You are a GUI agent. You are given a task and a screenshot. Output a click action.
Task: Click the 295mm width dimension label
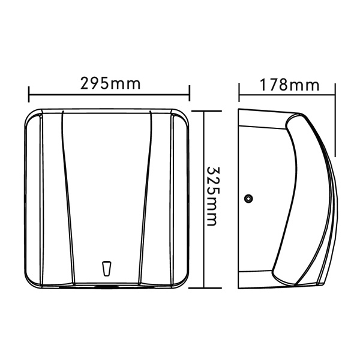pyautogui.click(x=110, y=83)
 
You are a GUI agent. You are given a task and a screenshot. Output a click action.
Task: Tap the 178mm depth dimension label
pyautogui.click(x=289, y=85)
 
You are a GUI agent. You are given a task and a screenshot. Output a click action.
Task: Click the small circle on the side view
pyautogui.click(x=248, y=198)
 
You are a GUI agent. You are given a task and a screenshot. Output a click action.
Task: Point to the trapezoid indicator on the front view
pyautogui.click(x=107, y=268)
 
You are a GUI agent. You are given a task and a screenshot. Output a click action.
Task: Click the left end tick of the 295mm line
pyautogui.click(x=29, y=94)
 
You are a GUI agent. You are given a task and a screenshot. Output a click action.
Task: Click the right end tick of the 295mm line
pyautogui.click(x=190, y=93)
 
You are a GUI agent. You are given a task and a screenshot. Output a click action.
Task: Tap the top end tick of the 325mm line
pyautogui.click(x=205, y=111)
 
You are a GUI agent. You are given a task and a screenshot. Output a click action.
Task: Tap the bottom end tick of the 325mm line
pyautogui.click(x=205, y=288)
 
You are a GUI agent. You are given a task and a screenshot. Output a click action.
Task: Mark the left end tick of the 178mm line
pyautogui.click(x=239, y=92)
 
